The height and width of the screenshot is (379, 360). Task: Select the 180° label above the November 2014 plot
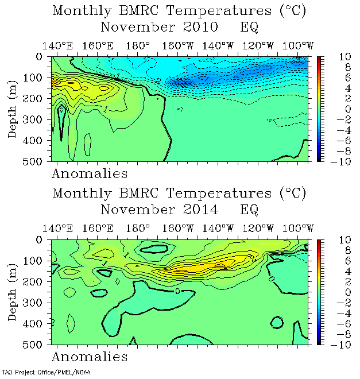coord(141,229)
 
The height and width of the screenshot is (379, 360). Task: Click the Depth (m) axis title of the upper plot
coord(13,109)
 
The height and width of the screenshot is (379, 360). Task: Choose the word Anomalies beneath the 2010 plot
coord(90,173)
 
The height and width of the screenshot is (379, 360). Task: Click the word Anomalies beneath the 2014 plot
coord(90,357)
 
